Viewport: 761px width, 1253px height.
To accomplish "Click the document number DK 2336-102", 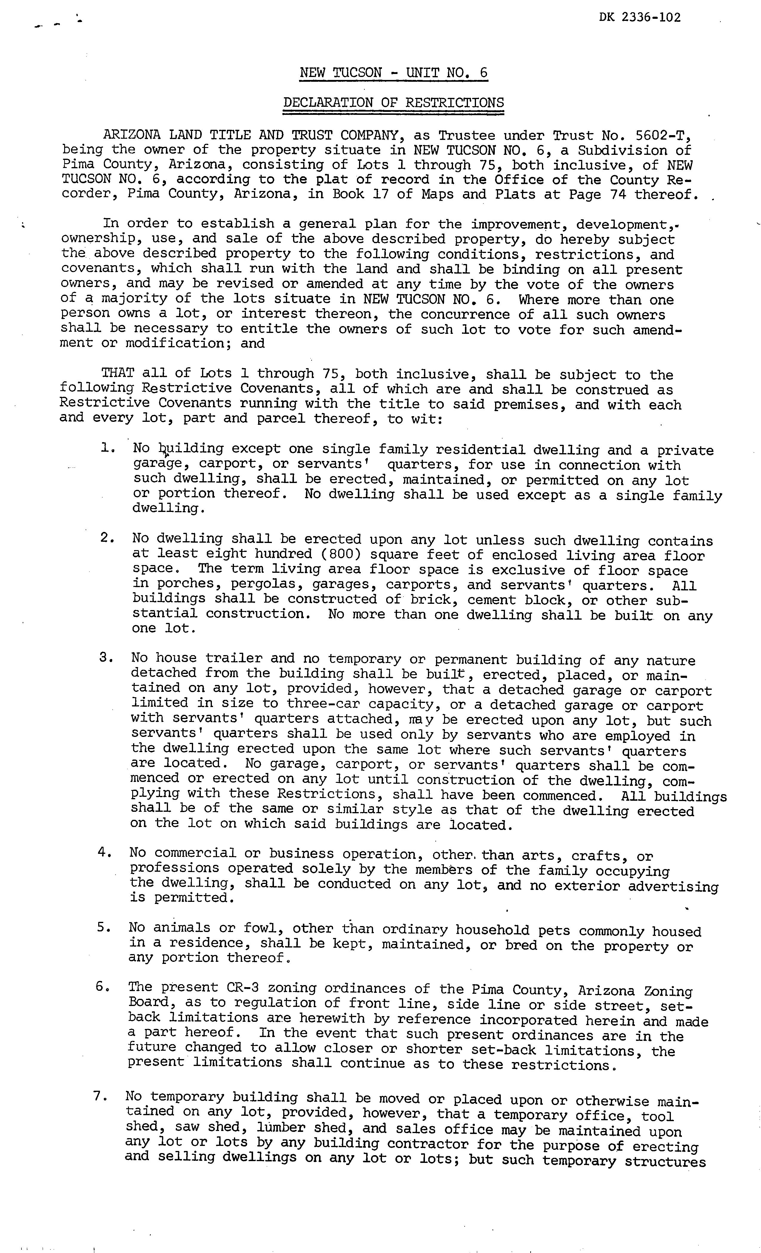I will [640, 18].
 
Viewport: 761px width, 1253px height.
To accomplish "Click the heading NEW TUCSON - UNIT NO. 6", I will [393, 73].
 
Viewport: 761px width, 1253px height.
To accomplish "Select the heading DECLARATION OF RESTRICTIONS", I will [393, 103].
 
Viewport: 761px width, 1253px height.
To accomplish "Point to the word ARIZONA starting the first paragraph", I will [132, 135].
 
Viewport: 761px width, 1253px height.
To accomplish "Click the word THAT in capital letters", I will [118, 373].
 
